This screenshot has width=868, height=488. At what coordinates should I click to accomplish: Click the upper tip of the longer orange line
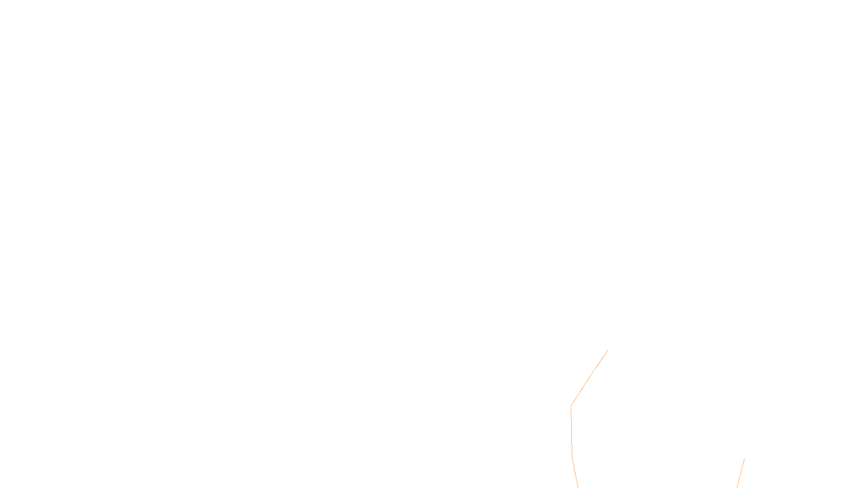(608, 350)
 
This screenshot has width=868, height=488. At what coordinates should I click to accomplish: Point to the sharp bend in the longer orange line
(571, 406)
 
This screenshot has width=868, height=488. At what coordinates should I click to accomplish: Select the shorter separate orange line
(741, 473)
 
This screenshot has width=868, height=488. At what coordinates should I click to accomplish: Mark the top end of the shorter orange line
(744, 459)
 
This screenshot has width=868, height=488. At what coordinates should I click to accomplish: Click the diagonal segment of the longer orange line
(590, 377)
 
